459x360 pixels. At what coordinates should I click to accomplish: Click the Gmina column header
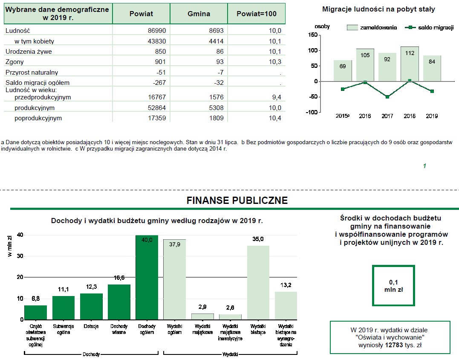[199, 14]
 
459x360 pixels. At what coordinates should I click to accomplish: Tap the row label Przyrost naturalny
[32, 73]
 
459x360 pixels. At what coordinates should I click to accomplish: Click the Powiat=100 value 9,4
[276, 97]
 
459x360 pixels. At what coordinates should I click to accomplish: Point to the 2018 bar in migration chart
[410, 64]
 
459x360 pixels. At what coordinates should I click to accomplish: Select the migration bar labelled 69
[343, 70]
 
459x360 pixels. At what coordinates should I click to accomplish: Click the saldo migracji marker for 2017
[387, 97]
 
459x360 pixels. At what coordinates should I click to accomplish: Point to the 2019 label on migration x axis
[432, 116]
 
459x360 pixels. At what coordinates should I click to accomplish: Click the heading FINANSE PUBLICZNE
[237, 200]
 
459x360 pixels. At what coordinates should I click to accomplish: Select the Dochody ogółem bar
[147, 277]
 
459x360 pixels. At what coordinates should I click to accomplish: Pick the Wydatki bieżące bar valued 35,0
[258, 282]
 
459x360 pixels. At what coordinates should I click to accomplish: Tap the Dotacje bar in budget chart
[91, 306]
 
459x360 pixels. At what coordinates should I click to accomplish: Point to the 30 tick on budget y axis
[20, 256]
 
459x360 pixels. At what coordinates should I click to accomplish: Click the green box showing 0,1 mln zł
[393, 285]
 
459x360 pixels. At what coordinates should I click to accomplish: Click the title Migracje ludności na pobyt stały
[378, 9]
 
